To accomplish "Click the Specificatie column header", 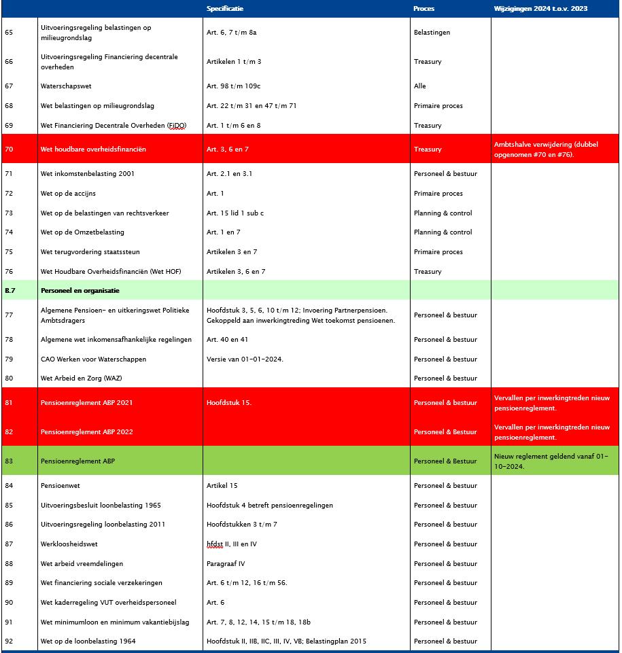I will point(225,9).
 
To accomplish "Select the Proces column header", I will point(424,9).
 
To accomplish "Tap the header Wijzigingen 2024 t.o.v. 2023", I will point(540,9).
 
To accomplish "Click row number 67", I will point(9,86).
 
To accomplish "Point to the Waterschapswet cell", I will point(66,86).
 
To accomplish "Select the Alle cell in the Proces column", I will point(420,86).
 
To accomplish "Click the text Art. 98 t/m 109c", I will point(234,86).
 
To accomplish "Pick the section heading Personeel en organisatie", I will point(80,290).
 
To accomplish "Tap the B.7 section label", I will point(10,290).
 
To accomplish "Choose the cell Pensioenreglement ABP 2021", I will point(87,402).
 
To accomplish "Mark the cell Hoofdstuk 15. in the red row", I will point(229,402).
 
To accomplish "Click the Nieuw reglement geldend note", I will point(551,461).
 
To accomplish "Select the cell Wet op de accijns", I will point(68,194).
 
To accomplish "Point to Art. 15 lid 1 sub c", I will point(235,213).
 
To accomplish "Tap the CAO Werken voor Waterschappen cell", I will point(93,359).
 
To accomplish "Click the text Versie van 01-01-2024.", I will point(245,359).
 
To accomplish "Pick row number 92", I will point(9,641).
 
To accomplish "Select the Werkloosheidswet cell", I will point(69,544).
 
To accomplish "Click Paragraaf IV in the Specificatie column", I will point(226,563).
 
